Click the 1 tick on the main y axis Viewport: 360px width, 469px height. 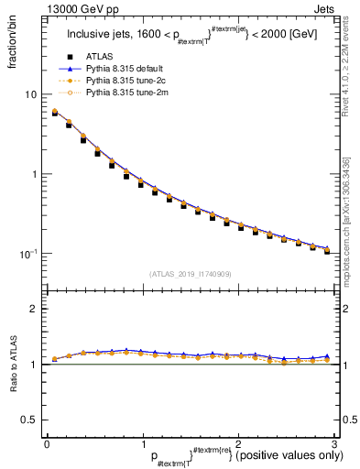(34, 174)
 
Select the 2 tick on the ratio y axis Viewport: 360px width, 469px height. (34, 309)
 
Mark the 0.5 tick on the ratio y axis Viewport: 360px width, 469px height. (30, 420)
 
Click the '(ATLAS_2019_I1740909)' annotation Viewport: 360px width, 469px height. (190, 273)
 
